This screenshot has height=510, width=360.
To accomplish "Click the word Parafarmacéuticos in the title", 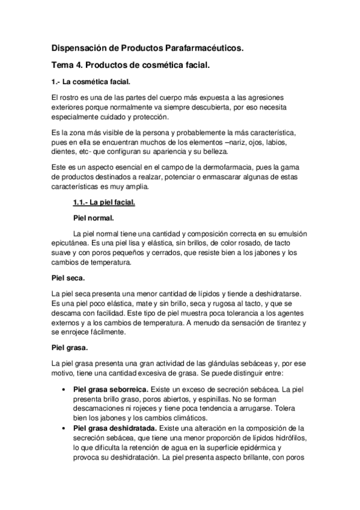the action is click(203, 46).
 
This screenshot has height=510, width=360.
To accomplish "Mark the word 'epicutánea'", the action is click(72, 242).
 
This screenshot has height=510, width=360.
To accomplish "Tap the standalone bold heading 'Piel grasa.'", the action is click(70, 347).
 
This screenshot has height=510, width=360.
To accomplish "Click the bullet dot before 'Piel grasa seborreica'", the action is click(64, 390).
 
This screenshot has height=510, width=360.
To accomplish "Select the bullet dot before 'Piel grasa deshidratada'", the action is click(64, 428).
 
